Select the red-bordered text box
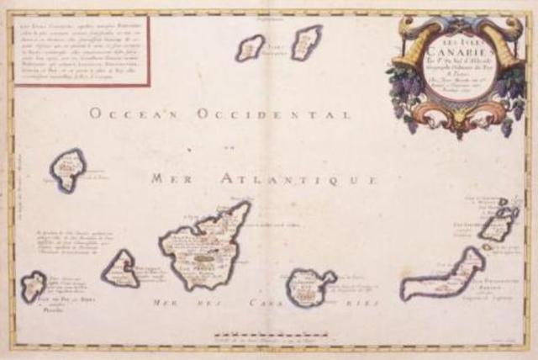(x=81, y=50)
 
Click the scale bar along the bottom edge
(x=277, y=336)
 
